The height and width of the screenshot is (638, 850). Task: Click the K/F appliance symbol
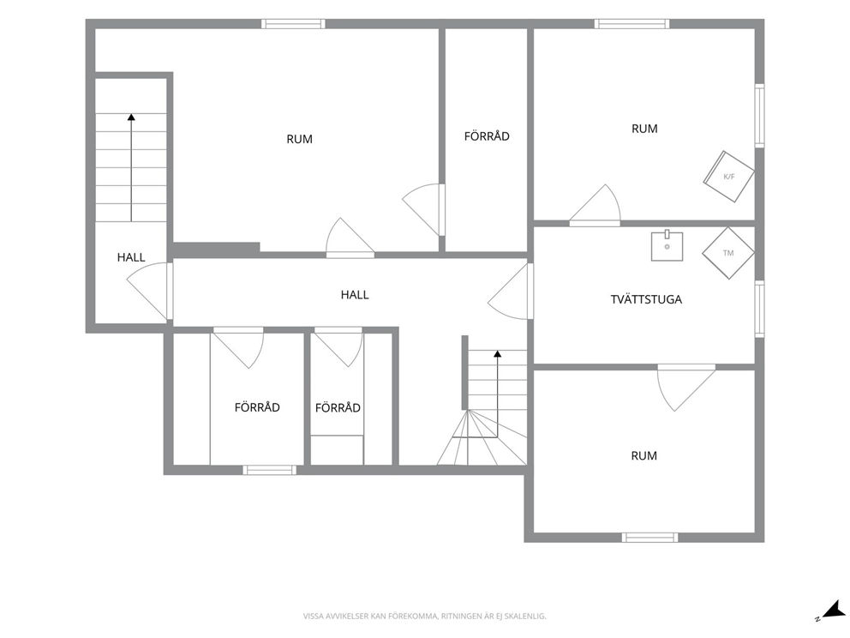[x=729, y=177]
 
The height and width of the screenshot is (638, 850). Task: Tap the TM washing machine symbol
[x=728, y=253]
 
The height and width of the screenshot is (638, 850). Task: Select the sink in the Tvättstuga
[x=667, y=246]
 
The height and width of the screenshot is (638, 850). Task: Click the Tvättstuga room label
[x=646, y=299]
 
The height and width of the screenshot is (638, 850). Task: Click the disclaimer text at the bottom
[x=424, y=616]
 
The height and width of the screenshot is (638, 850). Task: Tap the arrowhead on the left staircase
[x=131, y=117]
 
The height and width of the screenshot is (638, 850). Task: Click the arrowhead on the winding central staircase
[x=498, y=354]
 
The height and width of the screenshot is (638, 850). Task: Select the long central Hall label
[x=355, y=295]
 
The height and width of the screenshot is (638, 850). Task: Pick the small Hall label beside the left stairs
[x=131, y=257]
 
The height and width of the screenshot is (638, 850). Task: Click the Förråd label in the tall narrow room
[x=487, y=136]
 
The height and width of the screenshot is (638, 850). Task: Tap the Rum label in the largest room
[x=299, y=140]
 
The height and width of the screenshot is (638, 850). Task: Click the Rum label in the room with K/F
[x=644, y=129]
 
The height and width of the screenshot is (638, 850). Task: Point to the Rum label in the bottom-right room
[x=644, y=455]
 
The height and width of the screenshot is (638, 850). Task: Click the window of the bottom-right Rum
[x=649, y=538]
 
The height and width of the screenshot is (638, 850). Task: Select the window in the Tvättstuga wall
[x=760, y=309]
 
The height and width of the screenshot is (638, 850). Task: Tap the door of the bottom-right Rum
[x=685, y=388]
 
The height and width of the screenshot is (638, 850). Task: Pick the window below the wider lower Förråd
[x=269, y=470]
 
